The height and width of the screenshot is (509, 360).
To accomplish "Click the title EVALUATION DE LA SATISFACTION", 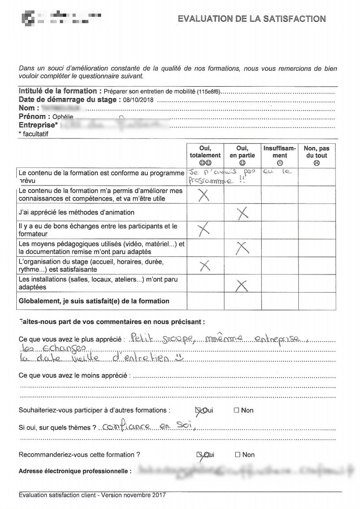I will coord(252,19).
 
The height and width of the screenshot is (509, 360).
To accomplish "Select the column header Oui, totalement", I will coord(205,155).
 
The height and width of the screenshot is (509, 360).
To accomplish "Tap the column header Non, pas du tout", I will coord(316,155).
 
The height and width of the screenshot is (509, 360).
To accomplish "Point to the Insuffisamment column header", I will coord(280,155).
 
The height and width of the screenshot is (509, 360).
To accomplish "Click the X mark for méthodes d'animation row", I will coord(243,213).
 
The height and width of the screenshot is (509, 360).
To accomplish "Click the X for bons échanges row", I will coord(204,230).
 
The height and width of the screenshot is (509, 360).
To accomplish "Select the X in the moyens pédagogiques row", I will coord(243,247).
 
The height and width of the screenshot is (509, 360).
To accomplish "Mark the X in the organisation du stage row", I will coord(205,265).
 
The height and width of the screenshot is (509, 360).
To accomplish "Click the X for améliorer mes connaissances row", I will coord(204,195).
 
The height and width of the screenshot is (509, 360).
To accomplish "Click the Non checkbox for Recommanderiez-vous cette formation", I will coord(237,455).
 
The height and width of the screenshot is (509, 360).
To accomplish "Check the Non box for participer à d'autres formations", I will coord(236,410).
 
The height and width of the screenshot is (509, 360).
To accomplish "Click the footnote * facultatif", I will coord(33,134).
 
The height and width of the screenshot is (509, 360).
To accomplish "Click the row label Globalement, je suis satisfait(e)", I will coord(93,301).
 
